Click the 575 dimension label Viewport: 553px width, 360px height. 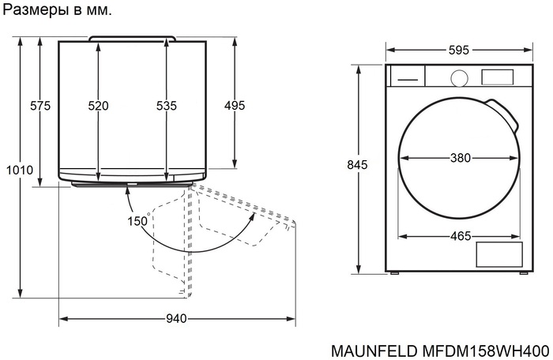(39, 106)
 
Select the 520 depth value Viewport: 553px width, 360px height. (98, 106)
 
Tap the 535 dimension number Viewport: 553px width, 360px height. (166, 106)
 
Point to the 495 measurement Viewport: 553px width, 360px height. (235, 106)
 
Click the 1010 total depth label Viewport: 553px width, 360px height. (19, 171)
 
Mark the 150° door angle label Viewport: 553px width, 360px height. (138, 222)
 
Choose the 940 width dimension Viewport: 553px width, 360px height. (176, 319)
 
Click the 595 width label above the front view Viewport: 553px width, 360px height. (458, 50)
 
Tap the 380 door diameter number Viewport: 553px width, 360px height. (461, 158)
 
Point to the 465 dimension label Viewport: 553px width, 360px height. (461, 236)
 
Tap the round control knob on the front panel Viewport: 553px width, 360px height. (458, 77)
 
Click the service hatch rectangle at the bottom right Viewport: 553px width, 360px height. (499, 255)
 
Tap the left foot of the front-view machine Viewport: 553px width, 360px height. (395, 272)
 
